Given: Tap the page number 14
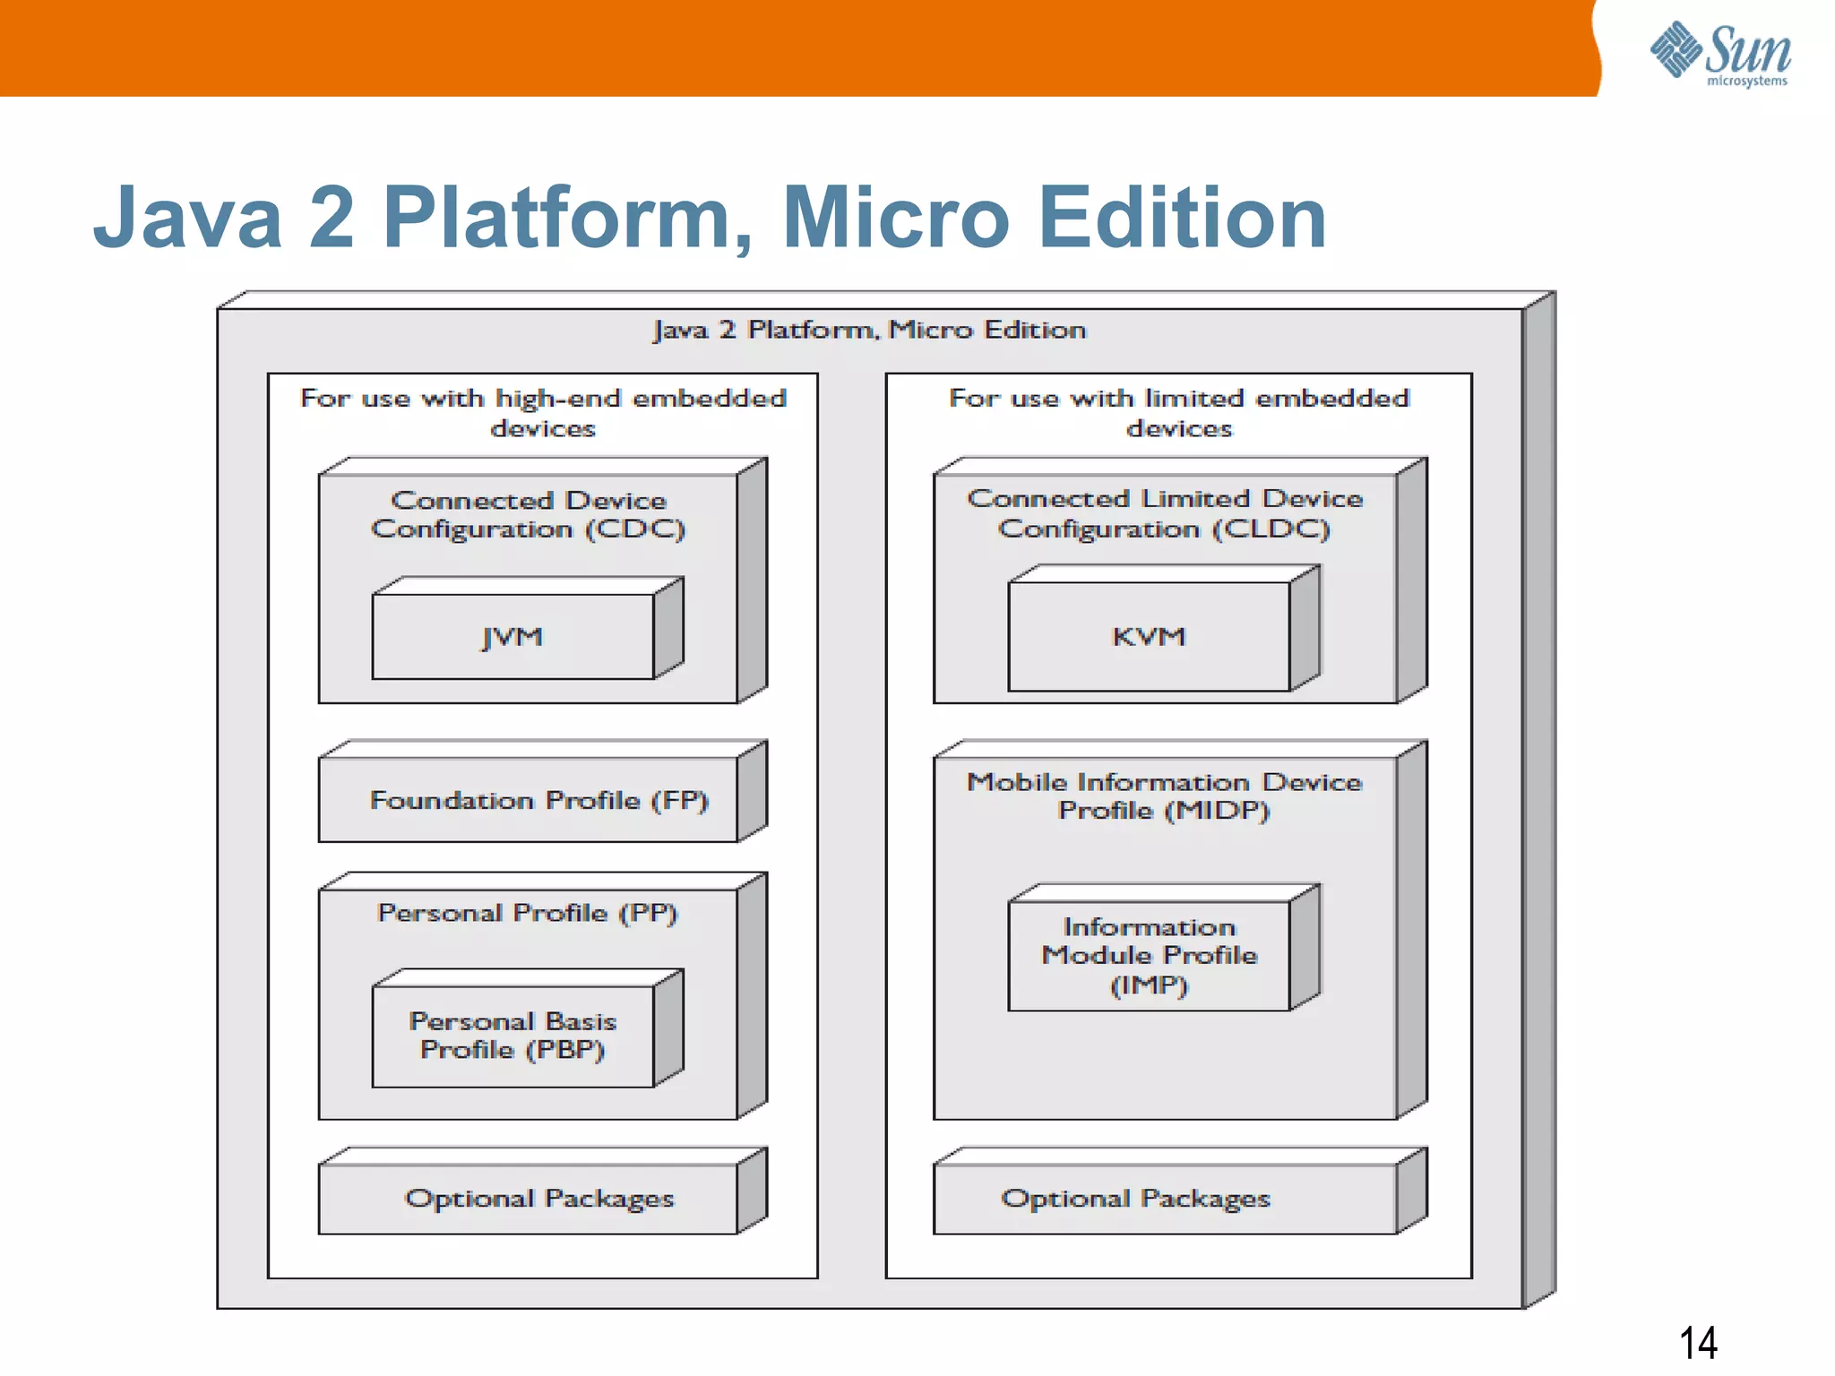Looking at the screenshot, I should point(1697,1343).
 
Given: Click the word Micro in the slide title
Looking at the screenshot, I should point(896,218).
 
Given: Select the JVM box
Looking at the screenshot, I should point(513,636).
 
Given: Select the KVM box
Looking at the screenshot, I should point(1149,636).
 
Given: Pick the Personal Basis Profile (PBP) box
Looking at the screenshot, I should point(513,1036).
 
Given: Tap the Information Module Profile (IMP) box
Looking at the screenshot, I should point(1149,955).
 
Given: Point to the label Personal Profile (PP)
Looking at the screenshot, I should point(527,913).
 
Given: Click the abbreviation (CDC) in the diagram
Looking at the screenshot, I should point(635,529).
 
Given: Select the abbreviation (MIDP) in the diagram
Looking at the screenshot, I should point(1217,811).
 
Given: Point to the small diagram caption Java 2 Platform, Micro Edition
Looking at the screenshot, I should point(869,330).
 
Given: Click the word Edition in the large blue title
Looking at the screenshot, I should point(1182,218).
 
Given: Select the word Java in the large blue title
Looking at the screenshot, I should point(188,218).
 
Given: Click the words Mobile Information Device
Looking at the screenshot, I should point(1164,782).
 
